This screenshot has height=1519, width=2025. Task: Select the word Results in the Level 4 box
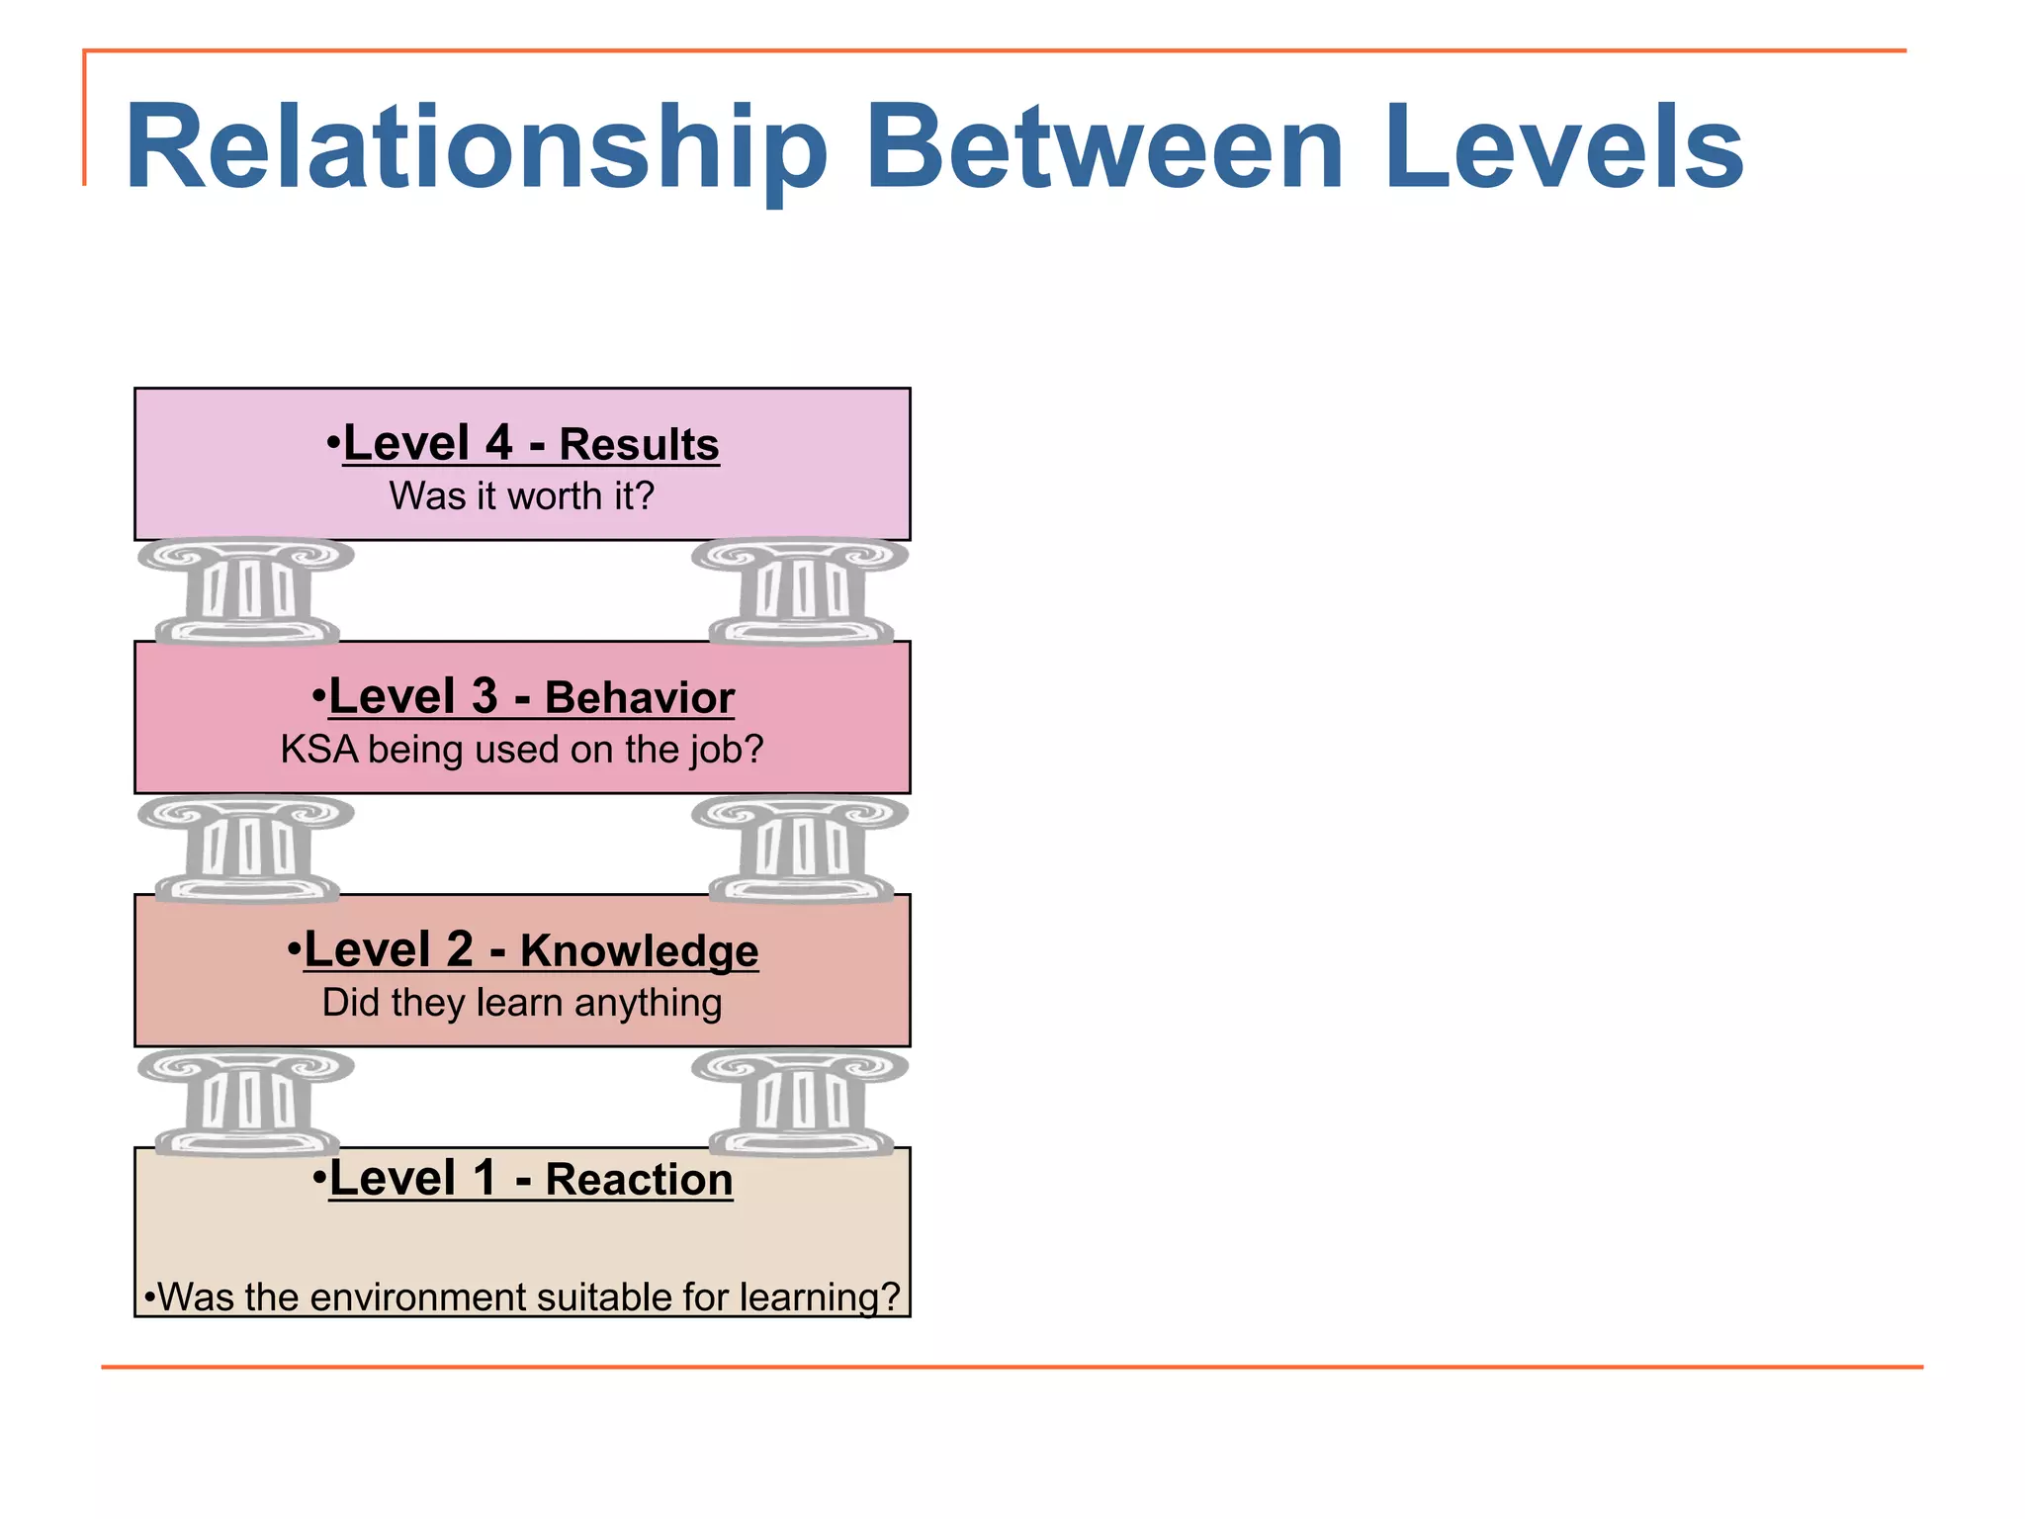pos(639,444)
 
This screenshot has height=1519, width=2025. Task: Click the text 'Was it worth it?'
pos(521,495)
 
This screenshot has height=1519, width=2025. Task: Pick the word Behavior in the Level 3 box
pos(639,697)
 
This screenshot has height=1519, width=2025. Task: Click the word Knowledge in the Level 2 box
pos(639,950)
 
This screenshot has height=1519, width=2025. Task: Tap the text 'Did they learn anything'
pos(521,1003)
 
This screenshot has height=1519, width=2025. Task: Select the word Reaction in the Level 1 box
pos(639,1179)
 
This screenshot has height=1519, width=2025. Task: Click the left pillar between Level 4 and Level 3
pos(247,590)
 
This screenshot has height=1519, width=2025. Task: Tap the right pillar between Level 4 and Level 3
pos(800,590)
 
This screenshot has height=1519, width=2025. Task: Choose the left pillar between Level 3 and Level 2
pos(247,849)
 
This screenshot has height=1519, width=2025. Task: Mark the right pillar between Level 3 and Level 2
pos(800,849)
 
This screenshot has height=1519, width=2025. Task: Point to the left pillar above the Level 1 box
pos(247,1102)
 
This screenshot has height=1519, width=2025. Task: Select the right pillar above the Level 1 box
pos(800,1102)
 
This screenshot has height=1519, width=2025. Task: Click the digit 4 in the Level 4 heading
pos(498,443)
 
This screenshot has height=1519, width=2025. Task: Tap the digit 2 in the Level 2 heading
pos(459,949)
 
